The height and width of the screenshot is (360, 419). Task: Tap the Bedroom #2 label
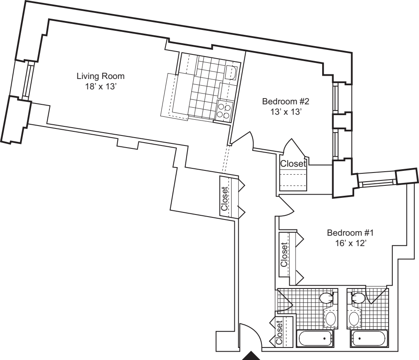(x=286, y=101)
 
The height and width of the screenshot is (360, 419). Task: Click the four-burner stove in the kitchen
(x=224, y=111)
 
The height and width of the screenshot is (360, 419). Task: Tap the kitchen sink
(x=231, y=72)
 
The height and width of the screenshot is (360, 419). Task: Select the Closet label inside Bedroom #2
(x=293, y=164)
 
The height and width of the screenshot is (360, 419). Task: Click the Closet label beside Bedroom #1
(x=284, y=254)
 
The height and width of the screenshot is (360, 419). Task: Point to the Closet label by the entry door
(x=279, y=332)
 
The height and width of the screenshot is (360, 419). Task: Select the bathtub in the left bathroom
(x=315, y=338)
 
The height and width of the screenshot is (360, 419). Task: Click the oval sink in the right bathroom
(x=354, y=319)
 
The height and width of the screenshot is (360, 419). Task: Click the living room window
(x=27, y=79)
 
